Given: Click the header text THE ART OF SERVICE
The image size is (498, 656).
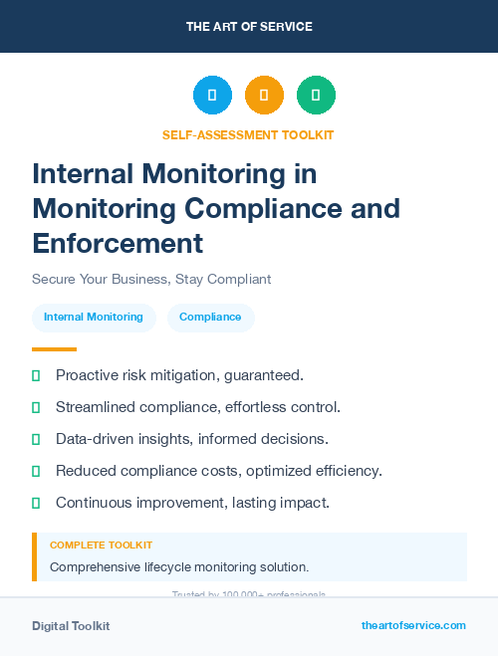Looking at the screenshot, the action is click(x=249, y=27).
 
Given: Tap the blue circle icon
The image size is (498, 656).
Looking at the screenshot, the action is click(x=212, y=96).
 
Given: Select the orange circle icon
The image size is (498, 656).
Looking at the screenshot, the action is click(x=264, y=96).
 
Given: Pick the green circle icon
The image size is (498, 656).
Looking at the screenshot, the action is click(x=316, y=96).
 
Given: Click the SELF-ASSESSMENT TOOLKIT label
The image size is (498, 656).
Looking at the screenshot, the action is click(x=248, y=134).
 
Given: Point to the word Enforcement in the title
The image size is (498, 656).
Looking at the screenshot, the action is click(x=118, y=243).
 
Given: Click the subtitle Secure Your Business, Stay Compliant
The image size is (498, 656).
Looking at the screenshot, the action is click(x=151, y=279).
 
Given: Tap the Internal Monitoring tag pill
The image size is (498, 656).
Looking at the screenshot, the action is click(x=94, y=318).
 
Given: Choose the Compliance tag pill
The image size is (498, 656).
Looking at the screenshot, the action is click(x=210, y=318).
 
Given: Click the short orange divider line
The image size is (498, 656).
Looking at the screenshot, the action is click(x=54, y=349).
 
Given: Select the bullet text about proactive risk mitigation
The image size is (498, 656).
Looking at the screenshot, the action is click(x=179, y=375).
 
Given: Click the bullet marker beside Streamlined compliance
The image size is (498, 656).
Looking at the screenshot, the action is click(x=36, y=407).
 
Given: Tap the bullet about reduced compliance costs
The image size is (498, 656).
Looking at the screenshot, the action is click(x=218, y=471).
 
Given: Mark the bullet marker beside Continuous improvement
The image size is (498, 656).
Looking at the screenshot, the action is click(x=36, y=503).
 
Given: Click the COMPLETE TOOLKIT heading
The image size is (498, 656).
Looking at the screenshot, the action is click(x=101, y=546).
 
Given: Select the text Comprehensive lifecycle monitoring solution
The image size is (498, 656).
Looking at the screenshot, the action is click(x=179, y=567).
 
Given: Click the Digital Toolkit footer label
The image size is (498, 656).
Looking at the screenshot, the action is click(x=71, y=626).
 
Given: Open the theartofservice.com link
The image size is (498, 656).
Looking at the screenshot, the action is click(x=413, y=625).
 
